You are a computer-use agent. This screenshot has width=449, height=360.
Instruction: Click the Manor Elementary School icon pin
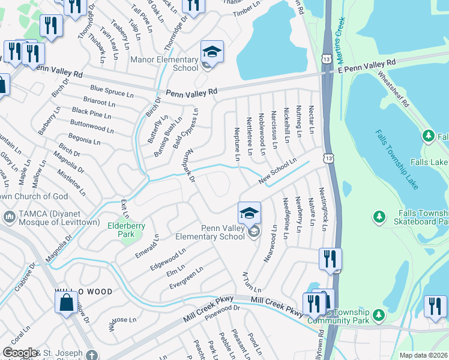point(212,52)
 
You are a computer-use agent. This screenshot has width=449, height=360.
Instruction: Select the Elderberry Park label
point(121,230)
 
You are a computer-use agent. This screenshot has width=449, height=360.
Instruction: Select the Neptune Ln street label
point(237,143)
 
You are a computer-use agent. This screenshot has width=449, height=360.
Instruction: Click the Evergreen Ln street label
point(185,277)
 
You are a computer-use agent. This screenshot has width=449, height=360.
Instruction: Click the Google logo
point(19,353)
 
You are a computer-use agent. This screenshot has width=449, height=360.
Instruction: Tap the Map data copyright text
point(423,355)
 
